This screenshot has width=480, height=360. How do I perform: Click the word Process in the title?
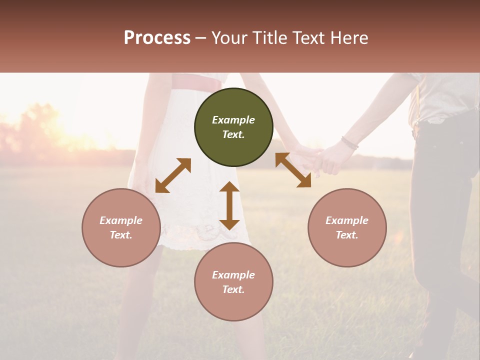(x=157, y=38)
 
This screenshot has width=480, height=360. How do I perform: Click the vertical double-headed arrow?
(x=229, y=205)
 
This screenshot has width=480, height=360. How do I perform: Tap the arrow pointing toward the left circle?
(x=173, y=175)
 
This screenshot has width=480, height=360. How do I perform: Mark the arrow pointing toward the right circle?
(x=293, y=170)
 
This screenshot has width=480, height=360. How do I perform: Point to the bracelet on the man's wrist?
(x=350, y=143)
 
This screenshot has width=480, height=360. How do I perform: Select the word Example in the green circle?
(x=233, y=120)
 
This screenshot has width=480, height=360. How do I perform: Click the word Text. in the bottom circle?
(x=233, y=289)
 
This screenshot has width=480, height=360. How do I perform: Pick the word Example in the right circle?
(x=347, y=220)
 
